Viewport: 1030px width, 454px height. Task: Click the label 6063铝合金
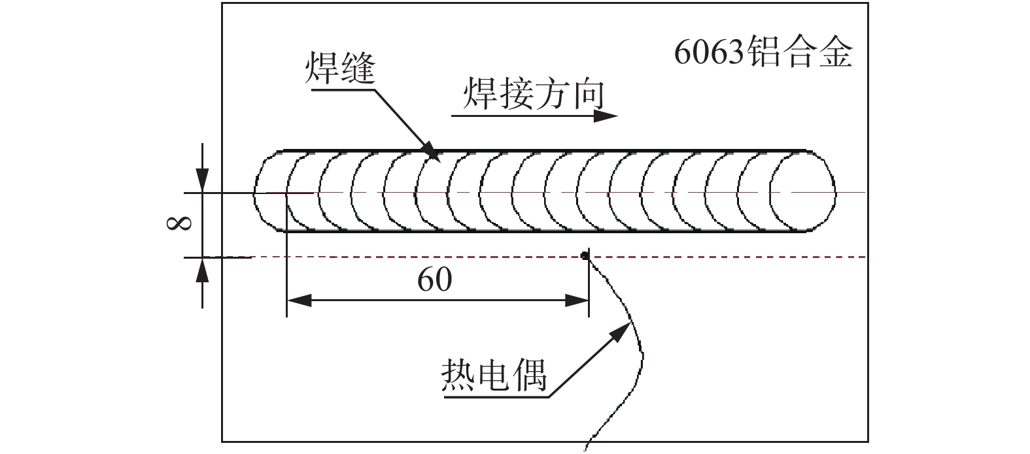click(763, 53)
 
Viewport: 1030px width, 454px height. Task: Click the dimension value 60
click(435, 280)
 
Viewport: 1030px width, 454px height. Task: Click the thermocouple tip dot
click(585, 255)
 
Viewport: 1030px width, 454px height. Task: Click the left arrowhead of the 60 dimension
click(298, 300)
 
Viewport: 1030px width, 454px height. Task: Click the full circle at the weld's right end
click(802, 192)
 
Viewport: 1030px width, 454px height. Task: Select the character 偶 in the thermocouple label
click(530, 374)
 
